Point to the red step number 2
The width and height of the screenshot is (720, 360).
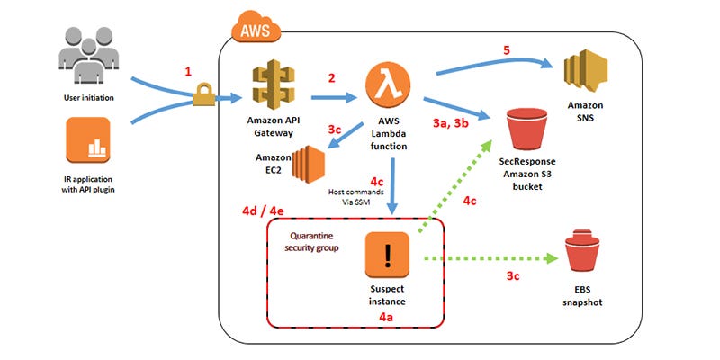332,78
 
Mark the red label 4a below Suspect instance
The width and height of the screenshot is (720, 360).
388,318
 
